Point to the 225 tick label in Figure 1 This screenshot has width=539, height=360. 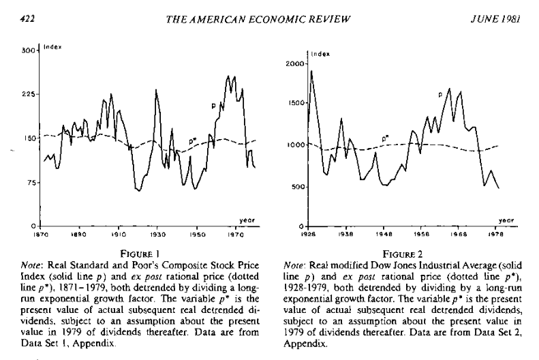coord(27,95)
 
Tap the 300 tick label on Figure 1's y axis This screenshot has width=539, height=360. coord(27,51)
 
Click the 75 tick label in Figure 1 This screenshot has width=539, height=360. coord(29,183)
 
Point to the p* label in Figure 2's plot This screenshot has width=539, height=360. coord(386,138)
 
